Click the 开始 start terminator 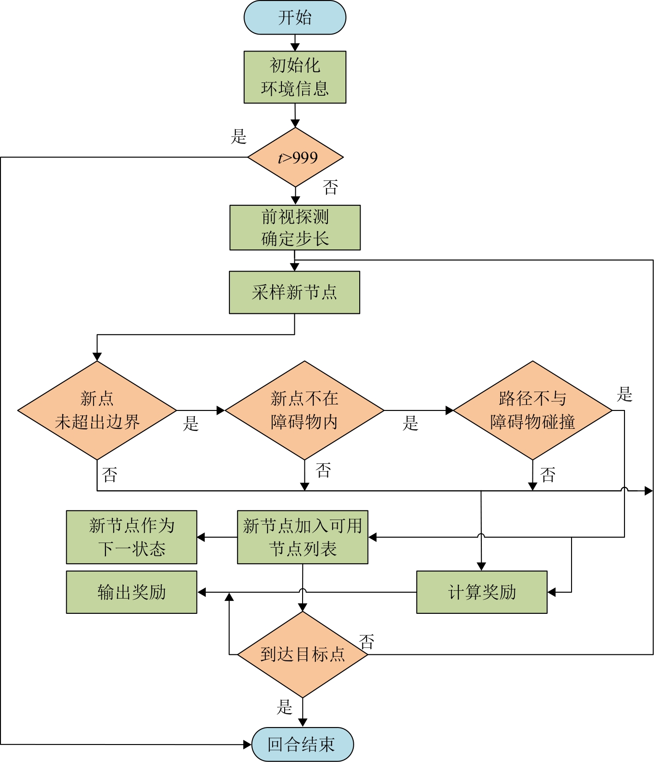tap(295, 17)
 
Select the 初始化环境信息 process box tap(295, 77)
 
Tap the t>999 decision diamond tap(296, 157)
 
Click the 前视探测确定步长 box tap(295, 227)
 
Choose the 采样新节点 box tap(294, 292)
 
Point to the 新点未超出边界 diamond tap(97, 410)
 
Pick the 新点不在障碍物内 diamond tap(304, 410)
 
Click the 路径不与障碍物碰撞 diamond tap(533, 410)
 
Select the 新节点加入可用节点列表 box tap(303, 537)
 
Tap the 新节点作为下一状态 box tap(132, 537)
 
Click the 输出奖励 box tap(132, 592)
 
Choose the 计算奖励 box tap(482, 592)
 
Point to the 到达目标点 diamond tap(303, 654)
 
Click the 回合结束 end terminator tap(303, 744)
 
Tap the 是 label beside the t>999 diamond tap(239, 137)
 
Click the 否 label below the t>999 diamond tap(331, 187)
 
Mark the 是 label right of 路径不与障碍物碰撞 tap(625, 394)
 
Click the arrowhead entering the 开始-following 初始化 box tap(295, 47)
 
